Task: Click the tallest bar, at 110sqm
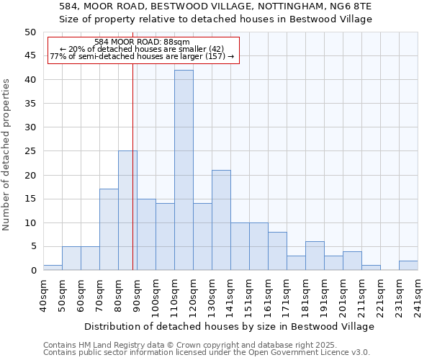pyautogui.click(x=184, y=170)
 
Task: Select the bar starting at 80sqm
pyautogui.click(x=127, y=210)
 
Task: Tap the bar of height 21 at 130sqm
pyautogui.click(x=221, y=220)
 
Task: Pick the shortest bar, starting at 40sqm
pyautogui.click(x=53, y=268)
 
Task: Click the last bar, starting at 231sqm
pyautogui.click(x=408, y=265)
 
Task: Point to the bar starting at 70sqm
pyautogui.click(x=109, y=229)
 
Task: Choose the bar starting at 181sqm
pyautogui.click(x=315, y=256)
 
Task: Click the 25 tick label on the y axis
pyautogui.click(x=30, y=151)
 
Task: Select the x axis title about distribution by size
pyautogui.click(x=229, y=326)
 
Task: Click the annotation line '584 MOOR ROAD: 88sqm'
pyautogui.click(x=142, y=42)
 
